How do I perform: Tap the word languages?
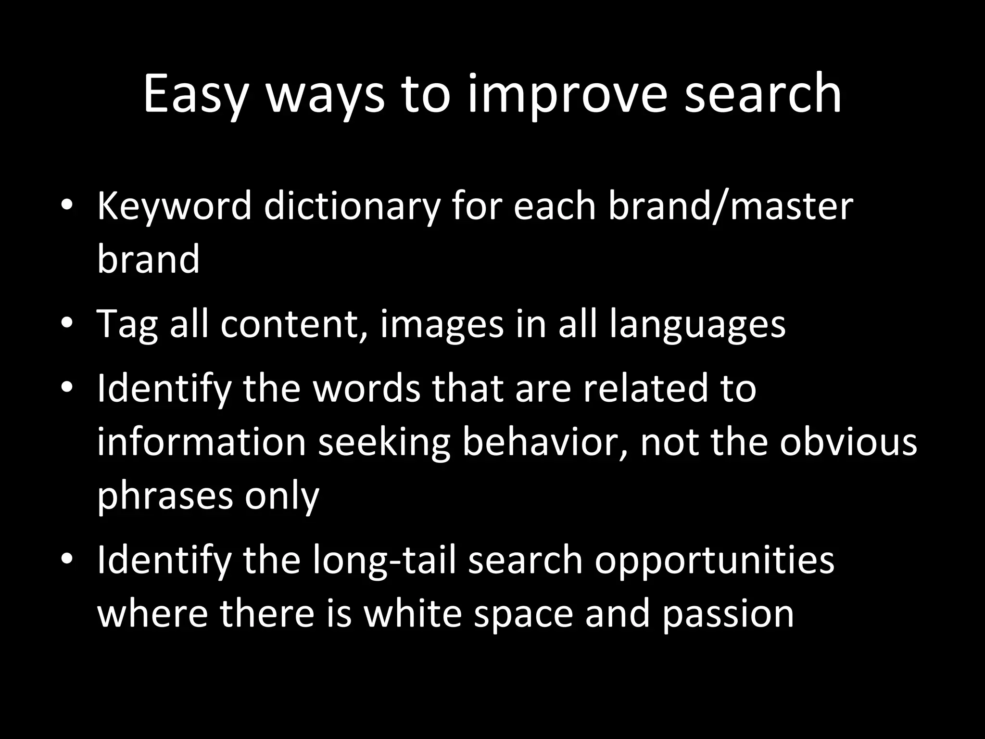697,324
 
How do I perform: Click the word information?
202,442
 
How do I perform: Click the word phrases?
165,496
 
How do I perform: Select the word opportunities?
714,560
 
